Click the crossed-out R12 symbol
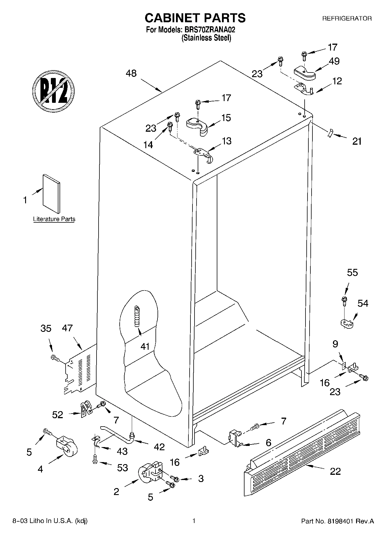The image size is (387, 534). (53, 90)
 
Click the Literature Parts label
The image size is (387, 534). (54, 219)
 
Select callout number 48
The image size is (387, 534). (131, 73)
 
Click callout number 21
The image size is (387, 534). (357, 141)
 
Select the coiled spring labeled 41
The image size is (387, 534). (137, 317)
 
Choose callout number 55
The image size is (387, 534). (352, 273)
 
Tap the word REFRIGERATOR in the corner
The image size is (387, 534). (347, 18)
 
